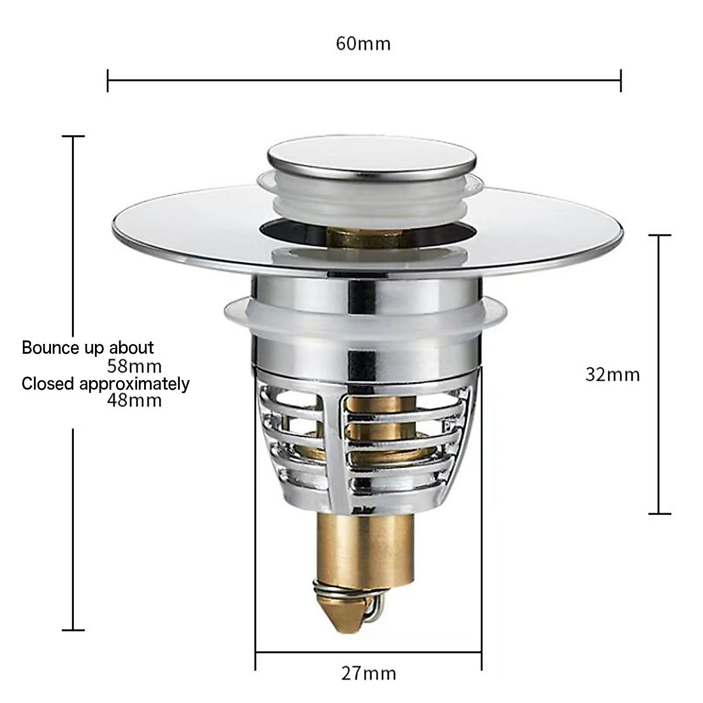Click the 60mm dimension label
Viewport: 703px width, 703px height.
pos(363,43)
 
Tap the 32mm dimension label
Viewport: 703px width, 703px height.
pos(612,374)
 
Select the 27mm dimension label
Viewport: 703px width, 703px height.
pos(368,673)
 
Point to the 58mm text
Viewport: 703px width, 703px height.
pos(134,367)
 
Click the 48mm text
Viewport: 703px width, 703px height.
pos(134,401)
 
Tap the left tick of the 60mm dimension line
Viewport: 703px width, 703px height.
pos(108,80)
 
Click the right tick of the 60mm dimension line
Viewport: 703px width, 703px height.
pos(621,80)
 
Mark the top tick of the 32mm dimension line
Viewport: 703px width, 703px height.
pos(660,235)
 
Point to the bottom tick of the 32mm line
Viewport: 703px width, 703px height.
pos(660,514)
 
